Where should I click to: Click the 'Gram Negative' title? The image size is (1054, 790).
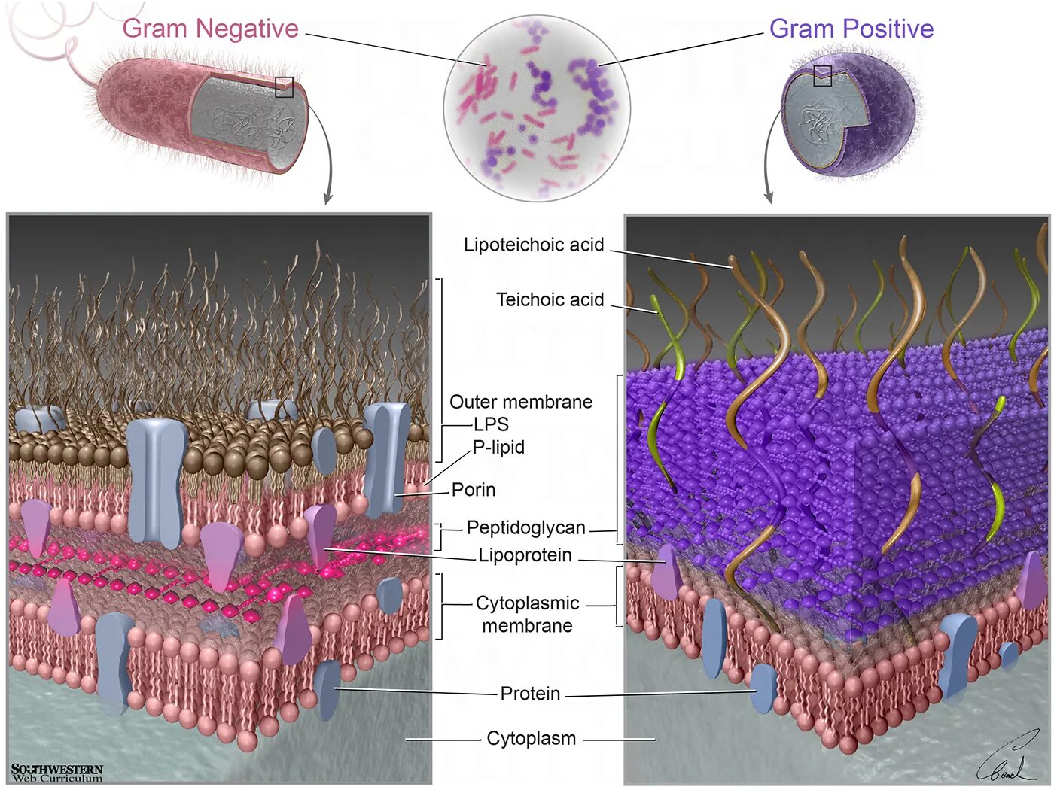[210, 29]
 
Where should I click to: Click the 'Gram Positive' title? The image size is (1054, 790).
[851, 29]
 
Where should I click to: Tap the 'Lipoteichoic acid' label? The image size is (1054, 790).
[534, 245]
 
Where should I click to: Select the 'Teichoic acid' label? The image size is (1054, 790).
[550, 299]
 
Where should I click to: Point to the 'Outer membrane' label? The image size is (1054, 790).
[521, 402]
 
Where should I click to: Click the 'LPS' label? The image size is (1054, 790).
[491, 424]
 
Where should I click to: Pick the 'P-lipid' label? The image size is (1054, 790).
[498, 447]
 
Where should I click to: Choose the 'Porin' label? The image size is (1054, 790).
[474, 490]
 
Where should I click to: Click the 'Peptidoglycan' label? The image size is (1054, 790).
[525, 527]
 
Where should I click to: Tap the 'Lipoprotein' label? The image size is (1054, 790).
[525, 555]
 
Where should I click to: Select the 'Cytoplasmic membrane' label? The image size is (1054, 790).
[527, 614]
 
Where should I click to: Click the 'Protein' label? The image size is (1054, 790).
[530, 694]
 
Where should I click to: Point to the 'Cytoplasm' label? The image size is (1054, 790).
[531, 739]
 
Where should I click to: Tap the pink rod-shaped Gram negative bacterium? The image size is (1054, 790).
[151, 113]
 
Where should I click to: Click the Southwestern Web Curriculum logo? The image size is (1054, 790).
[56, 773]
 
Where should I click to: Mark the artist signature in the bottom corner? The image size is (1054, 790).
[1009, 760]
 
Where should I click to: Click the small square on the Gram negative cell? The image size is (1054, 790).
[284, 87]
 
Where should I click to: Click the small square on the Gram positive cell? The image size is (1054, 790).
[822, 75]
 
